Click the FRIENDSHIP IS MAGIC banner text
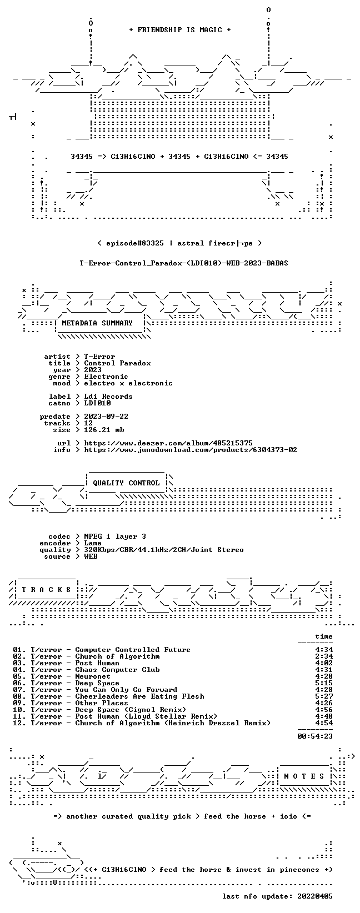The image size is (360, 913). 180,30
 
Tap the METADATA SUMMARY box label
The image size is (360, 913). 97,323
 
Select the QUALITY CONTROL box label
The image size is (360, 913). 126,483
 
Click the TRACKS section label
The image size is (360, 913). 46,590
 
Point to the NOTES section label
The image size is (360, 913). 304,776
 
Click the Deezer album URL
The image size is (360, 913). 168,443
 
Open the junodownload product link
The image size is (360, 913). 191,450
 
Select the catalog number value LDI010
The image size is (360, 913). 97,403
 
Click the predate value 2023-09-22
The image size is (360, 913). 106,417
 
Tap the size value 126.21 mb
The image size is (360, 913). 104,430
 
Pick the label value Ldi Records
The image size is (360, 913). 108,397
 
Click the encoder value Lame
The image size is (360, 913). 93,543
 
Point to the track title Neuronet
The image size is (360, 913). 93,676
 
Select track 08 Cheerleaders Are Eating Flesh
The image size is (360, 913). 108,696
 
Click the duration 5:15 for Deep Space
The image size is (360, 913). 324,683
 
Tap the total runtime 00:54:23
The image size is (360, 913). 315,736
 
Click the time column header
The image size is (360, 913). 324,636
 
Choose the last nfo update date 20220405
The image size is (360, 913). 315,896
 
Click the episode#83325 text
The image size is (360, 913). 134,243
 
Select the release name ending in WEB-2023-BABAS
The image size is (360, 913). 183,263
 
